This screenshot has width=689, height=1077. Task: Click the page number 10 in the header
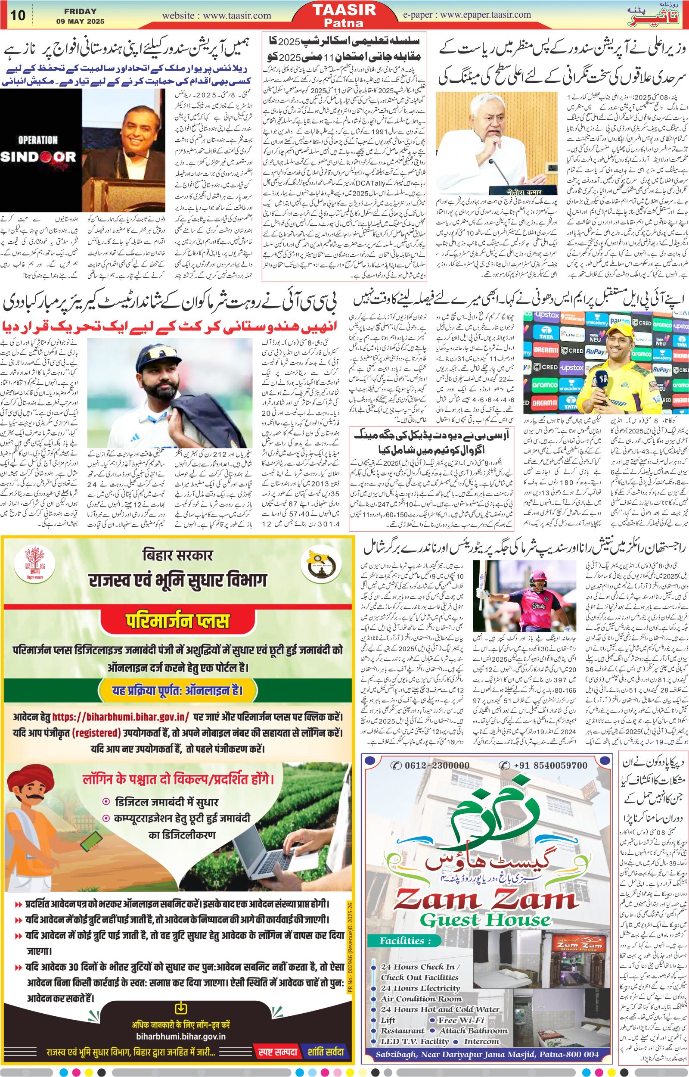click(18, 15)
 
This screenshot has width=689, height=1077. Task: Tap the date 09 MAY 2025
click(81, 21)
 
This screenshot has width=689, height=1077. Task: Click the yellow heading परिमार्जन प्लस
click(177, 621)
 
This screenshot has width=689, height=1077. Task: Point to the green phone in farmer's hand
click(90, 839)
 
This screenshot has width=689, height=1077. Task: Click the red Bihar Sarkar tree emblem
click(32, 567)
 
